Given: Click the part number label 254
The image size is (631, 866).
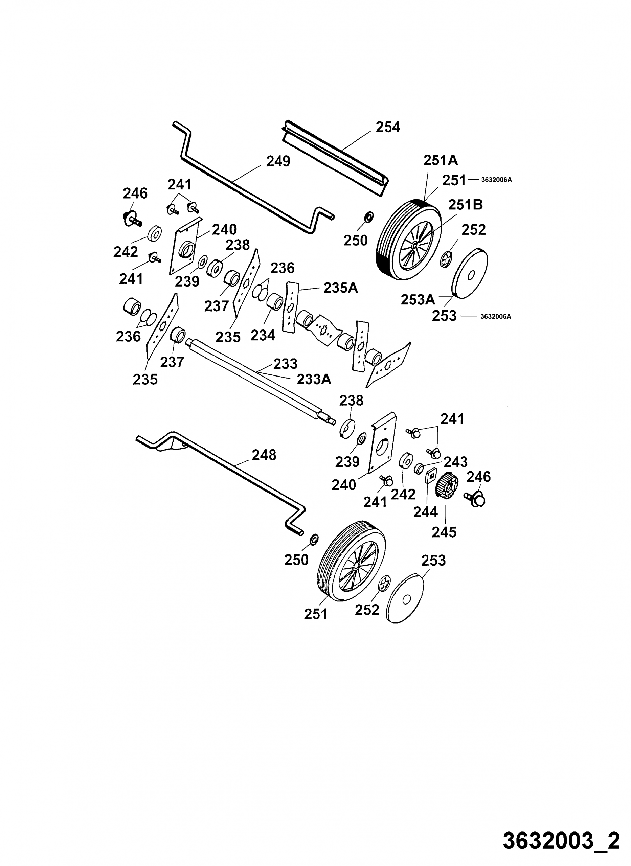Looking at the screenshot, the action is (388, 127).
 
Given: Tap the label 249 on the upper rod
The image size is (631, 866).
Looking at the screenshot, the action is (278, 161).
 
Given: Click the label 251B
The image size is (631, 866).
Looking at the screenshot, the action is (465, 205).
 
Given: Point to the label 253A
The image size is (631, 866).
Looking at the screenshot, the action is (418, 300).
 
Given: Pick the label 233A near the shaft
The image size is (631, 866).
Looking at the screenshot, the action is (314, 379).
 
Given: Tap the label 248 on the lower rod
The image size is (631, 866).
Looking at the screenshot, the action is (264, 455).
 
